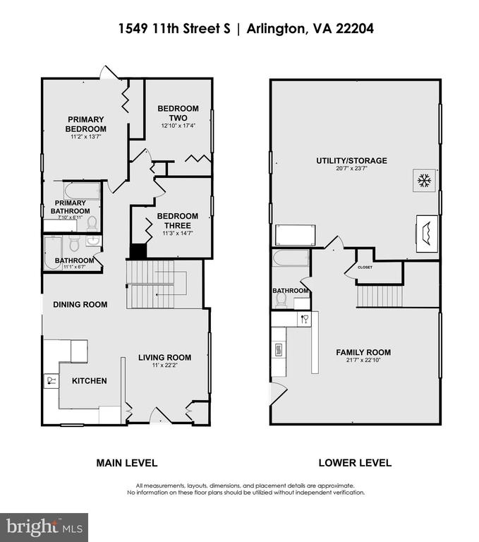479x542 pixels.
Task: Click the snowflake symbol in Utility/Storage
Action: (x=424, y=180)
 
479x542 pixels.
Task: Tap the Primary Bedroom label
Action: (x=85, y=124)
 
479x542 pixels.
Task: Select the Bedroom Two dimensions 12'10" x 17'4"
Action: (x=178, y=126)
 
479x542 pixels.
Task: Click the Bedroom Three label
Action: (x=178, y=221)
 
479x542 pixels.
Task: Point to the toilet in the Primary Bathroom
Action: (x=92, y=223)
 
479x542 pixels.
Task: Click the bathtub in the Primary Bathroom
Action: (x=82, y=191)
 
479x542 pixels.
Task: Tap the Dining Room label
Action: (x=80, y=305)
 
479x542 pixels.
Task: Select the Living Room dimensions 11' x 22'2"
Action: (x=164, y=365)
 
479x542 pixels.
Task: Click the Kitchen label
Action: (x=89, y=381)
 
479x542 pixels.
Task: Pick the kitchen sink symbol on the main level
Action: (x=51, y=380)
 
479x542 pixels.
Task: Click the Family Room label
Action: (x=363, y=352)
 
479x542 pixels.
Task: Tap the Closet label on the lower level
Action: (x=365, y=267)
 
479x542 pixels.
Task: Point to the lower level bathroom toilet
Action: (x=281, y=301)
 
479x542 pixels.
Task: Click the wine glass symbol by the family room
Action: (x=305, y=319)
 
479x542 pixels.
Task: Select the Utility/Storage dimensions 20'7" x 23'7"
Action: (x=351, y=169)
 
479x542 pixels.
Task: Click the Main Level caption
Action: (x=127, y=463)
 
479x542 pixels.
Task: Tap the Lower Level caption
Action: (x=355, y=463)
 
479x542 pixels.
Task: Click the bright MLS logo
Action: (x=44, y=527)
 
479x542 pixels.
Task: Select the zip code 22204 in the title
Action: (x=355, y=28)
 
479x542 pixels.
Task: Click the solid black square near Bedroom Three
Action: (x=138, y=251)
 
